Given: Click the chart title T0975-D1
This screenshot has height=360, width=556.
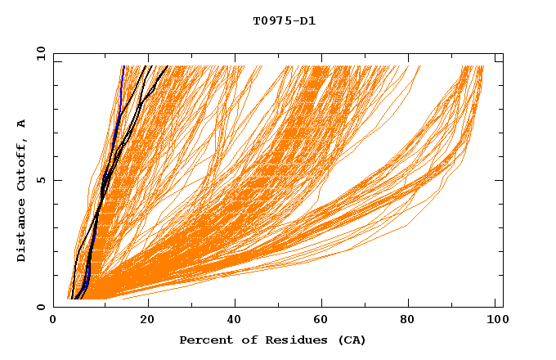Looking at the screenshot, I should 284,21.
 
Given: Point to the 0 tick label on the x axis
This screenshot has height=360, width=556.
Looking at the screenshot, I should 53,321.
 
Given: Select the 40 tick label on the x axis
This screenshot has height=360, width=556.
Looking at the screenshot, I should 234,321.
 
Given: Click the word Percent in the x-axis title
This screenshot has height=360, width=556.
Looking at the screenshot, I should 202,340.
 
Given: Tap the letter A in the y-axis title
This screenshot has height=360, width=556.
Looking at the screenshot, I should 22,124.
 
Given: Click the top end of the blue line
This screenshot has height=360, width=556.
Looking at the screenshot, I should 123,66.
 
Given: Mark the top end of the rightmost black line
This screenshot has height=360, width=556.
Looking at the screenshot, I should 168,66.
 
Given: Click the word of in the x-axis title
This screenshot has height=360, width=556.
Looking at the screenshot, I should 244,340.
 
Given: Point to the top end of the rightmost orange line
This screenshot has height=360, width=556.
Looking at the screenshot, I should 482,66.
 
